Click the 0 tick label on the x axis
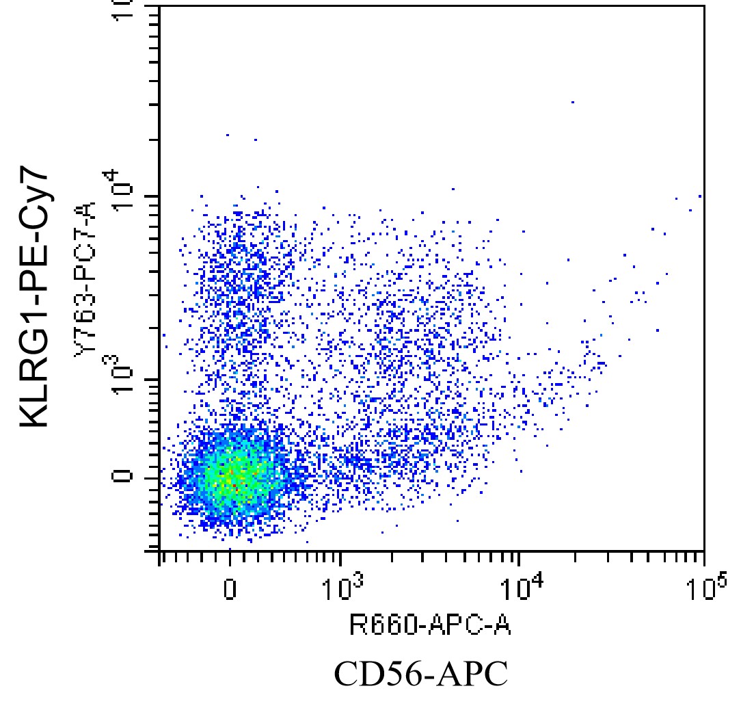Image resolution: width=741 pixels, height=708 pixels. (230, 589)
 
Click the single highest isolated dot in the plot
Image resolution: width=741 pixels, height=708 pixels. (572, 102)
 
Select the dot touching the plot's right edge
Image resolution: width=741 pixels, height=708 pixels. (700, 196)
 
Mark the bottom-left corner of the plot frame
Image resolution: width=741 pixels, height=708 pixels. (159, 549)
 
